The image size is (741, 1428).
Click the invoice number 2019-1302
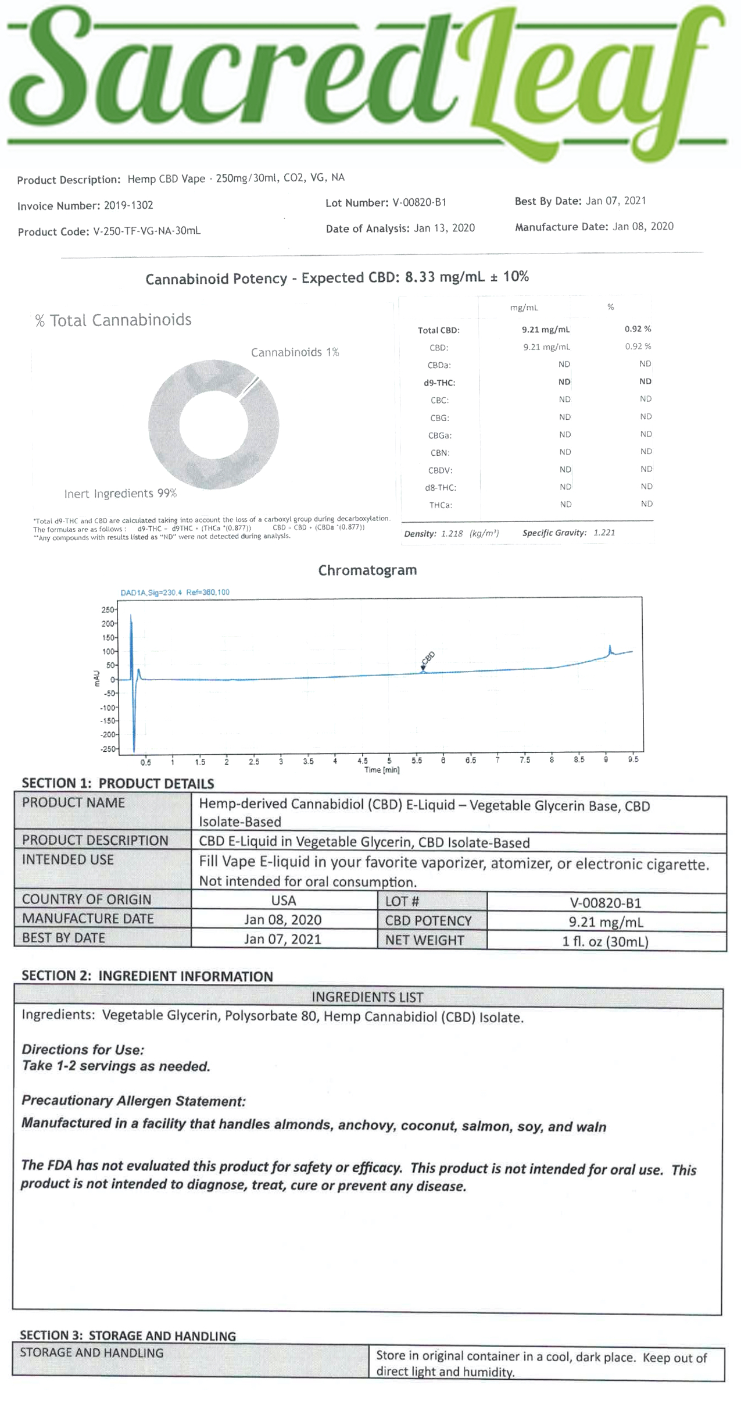128,205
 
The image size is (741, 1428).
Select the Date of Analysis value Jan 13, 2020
444,228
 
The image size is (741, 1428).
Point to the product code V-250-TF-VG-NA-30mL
146,231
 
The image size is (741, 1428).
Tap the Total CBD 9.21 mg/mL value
545,330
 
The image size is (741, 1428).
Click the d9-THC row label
439,383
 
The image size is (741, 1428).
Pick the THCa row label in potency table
441,505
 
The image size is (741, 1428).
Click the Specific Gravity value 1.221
604,533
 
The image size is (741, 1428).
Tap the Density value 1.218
452,533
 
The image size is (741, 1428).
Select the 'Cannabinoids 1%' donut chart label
295,352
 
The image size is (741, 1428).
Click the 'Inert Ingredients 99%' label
120,494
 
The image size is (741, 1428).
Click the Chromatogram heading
367,570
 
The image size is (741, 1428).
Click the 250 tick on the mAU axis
108,610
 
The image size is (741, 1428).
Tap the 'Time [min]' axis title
381,770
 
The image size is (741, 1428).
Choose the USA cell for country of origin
284,901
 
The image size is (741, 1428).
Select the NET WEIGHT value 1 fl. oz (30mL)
605,941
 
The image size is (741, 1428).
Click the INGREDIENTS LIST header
367,997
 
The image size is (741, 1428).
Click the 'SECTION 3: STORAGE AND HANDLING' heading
128,1336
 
